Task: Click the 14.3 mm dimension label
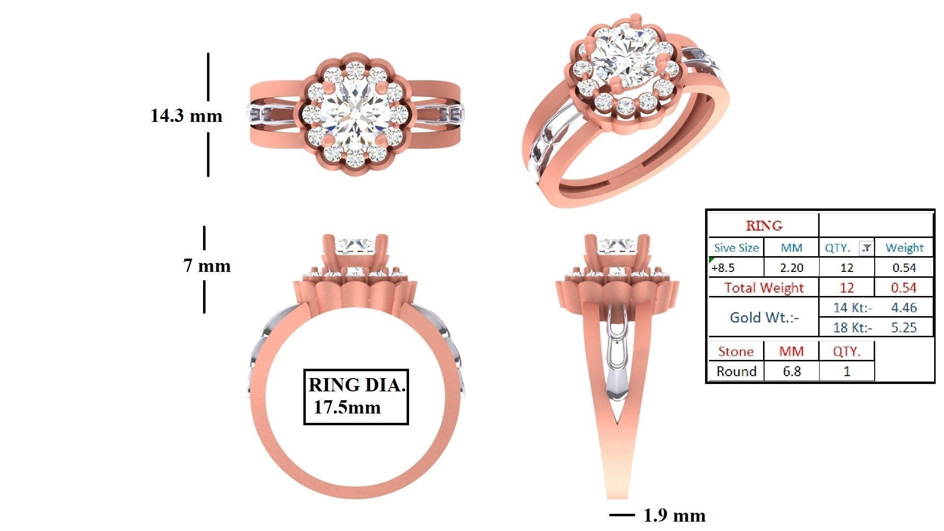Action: (186, 116)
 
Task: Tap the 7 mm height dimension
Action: (207, 266)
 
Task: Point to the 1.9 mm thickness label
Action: (674, 515)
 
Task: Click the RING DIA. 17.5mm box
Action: (356, 396)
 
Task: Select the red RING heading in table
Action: (764, 226)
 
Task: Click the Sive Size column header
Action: (736, 248)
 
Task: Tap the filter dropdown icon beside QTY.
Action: (866, 248)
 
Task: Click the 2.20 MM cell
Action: (791, 268)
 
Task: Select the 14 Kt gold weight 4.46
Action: (904, 308)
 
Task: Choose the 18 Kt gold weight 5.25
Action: (904, 327)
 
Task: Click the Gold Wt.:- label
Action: (764, 318)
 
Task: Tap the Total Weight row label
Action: (764, 288)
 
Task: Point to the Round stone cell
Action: (736, 371)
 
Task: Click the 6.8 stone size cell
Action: (791, 371)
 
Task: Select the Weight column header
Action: (904, 248)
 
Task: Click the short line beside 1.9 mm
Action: (621, 515)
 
